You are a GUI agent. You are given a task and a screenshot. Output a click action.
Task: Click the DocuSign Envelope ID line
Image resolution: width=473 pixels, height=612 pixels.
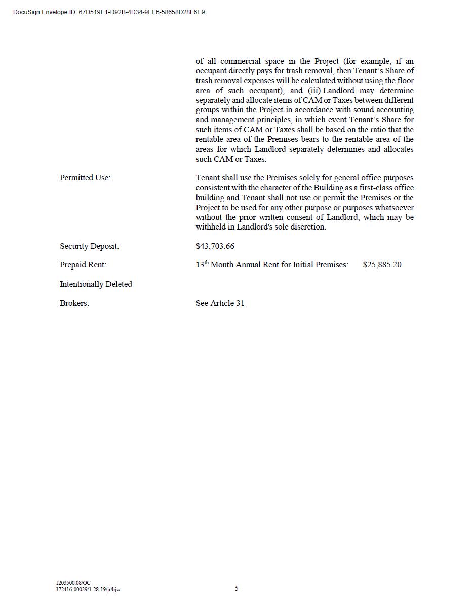click(x=109, y=12)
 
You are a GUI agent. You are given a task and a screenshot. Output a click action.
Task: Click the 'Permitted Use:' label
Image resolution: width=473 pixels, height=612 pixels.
click(x=85, y=178)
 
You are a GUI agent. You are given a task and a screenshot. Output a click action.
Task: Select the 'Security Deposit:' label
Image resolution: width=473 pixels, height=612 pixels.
click(x=89, y=246)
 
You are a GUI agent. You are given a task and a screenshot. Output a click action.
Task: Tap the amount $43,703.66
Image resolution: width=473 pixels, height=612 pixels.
click(x=215, y=246)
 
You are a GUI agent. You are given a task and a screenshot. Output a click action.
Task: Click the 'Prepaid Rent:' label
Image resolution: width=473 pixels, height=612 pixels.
click(x=83, y=265)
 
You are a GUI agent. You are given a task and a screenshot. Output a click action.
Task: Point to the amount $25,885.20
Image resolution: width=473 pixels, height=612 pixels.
click(x=382, y=265)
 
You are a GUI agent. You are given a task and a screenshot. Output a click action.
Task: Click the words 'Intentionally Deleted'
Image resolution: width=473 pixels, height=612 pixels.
click(x=96, y=284)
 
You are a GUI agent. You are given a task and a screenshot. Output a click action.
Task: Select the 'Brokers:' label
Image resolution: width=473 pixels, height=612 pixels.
click(x=74, y=303)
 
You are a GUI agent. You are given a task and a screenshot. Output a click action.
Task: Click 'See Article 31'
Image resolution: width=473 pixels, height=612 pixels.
click(x=220, y=303)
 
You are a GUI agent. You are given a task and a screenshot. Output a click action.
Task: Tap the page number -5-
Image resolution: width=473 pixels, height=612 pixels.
click(x=237, y=588)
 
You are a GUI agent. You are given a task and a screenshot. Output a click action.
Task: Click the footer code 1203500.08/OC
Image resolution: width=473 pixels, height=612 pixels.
click(x=73, y=583)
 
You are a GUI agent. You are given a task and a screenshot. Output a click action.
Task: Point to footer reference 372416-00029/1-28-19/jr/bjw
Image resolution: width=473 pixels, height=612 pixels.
click(x=88, y=589)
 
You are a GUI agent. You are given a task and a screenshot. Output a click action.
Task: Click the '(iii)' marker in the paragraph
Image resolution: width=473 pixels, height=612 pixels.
click(x=314, y=91)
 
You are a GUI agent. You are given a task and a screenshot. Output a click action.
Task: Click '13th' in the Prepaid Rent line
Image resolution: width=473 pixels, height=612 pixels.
click(x=202, y=264)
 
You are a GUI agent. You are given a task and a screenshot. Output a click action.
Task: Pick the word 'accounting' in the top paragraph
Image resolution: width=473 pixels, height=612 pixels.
click(x=395, y=110)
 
